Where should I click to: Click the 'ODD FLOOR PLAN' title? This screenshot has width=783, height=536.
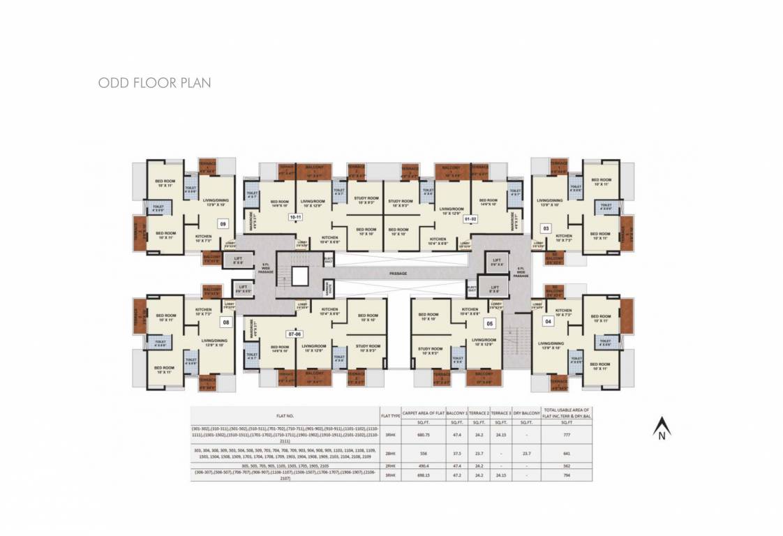(154, 83)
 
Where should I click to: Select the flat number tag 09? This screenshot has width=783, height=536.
(223, 224)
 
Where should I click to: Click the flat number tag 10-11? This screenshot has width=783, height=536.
(295, 217)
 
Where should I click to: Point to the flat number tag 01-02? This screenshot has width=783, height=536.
(470, 218)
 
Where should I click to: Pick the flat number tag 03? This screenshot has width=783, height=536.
(546, 228)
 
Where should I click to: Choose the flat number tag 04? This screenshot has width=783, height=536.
(548, 321)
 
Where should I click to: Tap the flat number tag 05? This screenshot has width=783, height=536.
(490, 323)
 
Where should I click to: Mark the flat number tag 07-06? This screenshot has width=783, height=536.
(295, 334)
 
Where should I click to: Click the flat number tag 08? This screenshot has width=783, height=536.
(225, 322)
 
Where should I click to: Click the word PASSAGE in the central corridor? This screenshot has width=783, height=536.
(398, 273)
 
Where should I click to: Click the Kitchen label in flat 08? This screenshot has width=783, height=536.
(203, 311)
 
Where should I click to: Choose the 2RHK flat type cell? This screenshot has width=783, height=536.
(390, 466)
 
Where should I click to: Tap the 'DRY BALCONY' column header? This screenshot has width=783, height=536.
(526, 412)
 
